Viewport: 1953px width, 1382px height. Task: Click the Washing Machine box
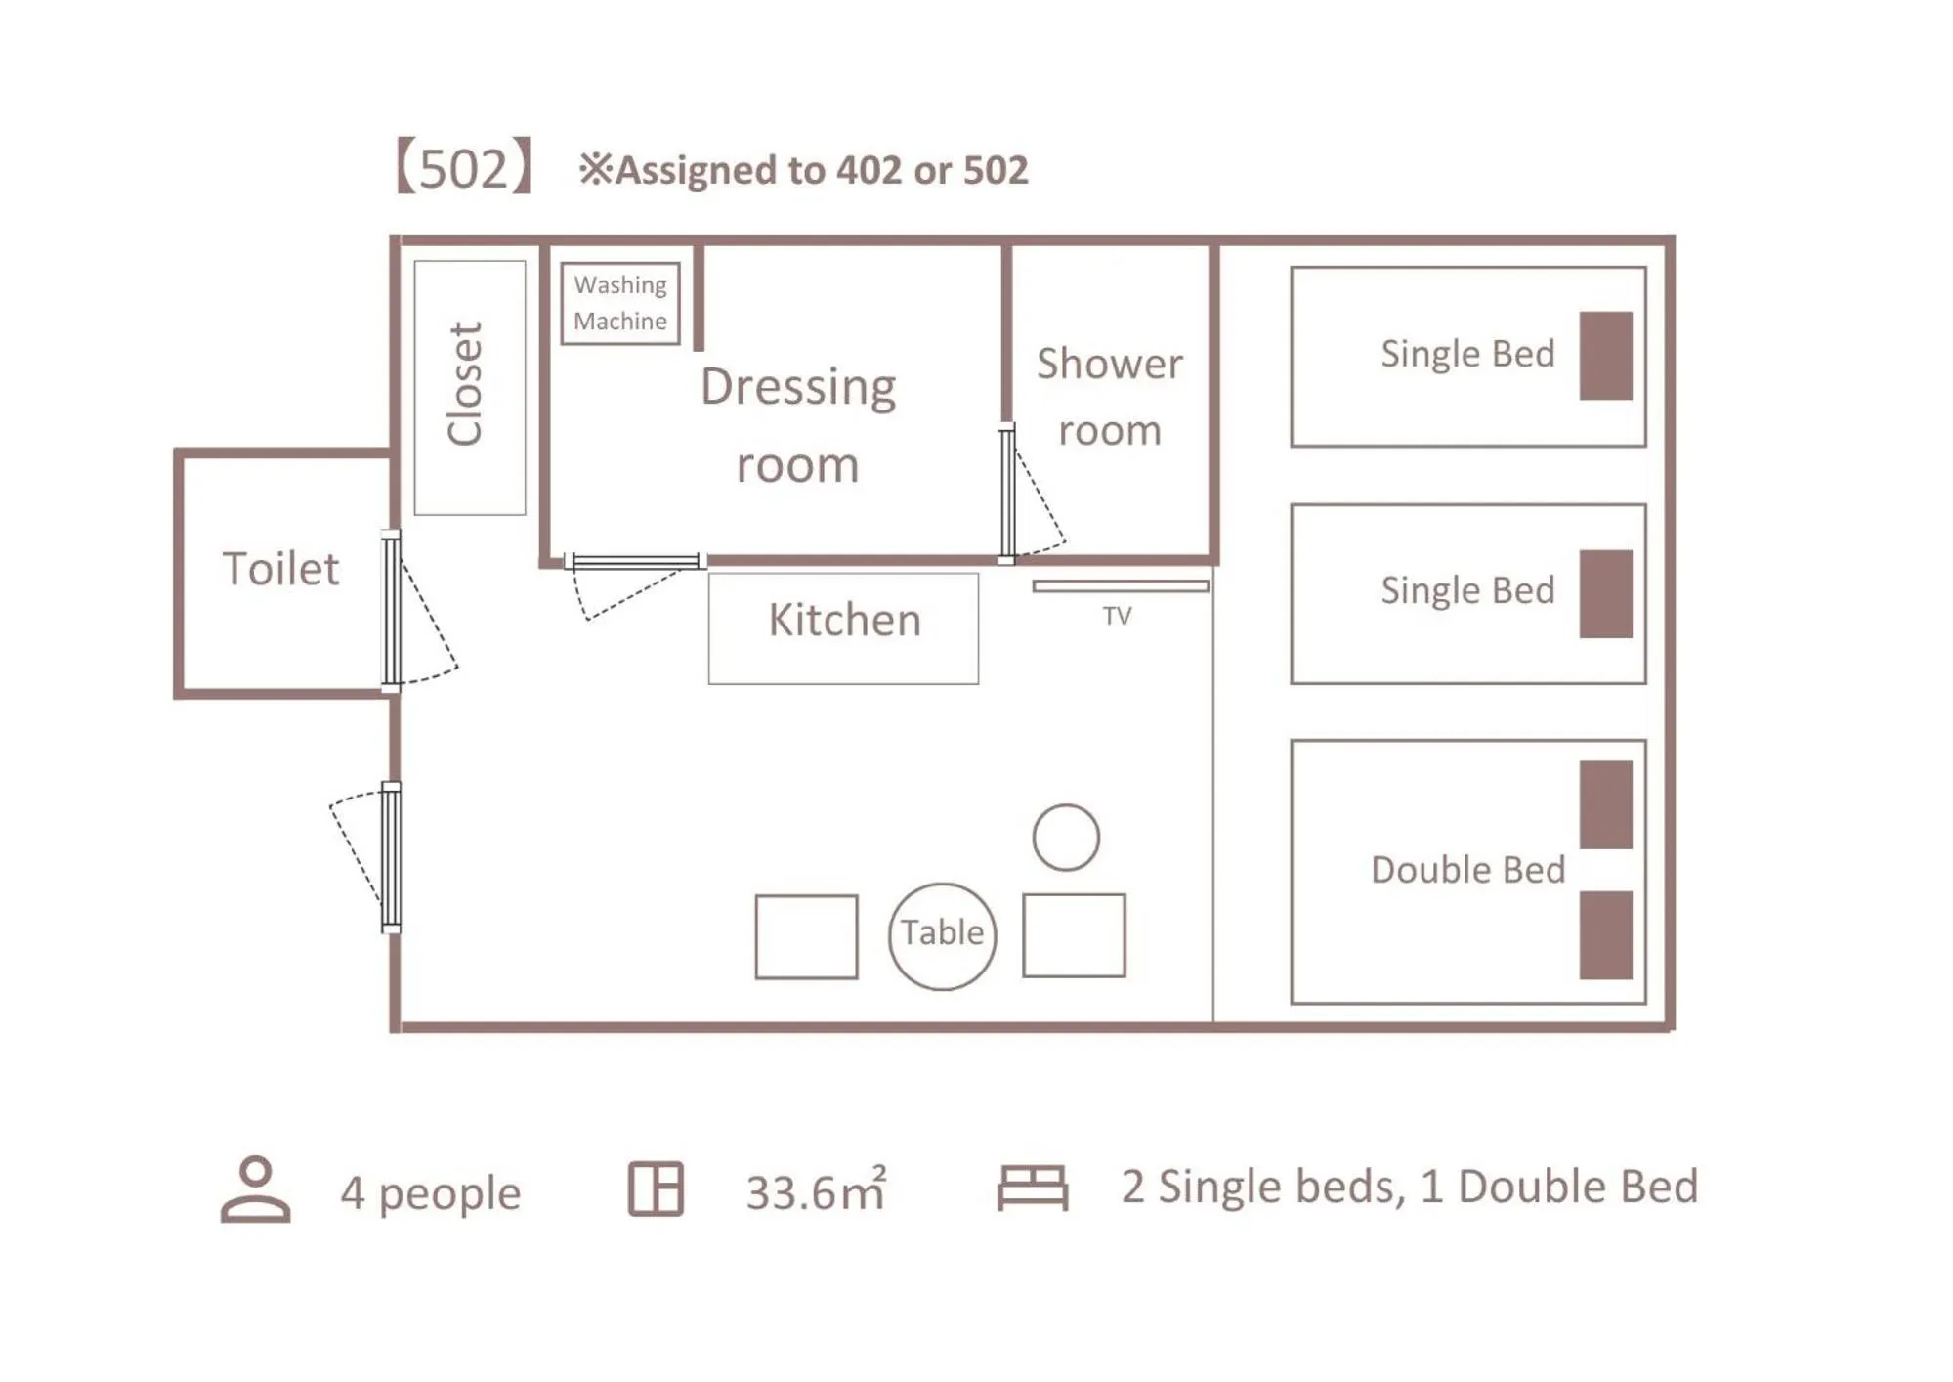click(619, 303)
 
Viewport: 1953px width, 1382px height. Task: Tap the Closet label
click(465, 384)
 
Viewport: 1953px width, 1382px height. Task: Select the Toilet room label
click(281, 569)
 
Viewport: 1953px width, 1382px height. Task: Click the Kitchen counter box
click(843, 627)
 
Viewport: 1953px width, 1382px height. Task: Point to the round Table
click(942, 935)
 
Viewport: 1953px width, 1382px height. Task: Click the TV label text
click(1117, 616)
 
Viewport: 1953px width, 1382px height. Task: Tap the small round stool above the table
click(1065, 838)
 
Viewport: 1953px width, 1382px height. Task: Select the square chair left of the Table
click(806, 936)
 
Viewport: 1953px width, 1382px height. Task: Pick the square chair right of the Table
click(1074, 935)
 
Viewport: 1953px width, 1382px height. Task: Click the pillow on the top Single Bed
click(1605, 356)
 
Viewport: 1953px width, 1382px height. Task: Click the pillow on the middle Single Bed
click(1605, 593)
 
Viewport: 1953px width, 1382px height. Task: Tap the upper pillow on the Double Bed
click(1605, 804)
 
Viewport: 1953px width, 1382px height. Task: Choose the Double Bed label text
click(1467, 870)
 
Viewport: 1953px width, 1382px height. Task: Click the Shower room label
click(1110, 397)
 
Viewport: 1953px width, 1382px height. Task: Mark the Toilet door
click(392, 611)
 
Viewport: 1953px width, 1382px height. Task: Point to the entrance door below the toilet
click(391, 857)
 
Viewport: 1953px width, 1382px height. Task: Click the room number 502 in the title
click(464, 168)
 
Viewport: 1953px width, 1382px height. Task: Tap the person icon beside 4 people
click(255, 1188)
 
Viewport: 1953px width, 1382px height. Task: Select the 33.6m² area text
click(816, 1191)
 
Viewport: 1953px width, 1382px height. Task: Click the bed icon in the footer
click(1032, 1188)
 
